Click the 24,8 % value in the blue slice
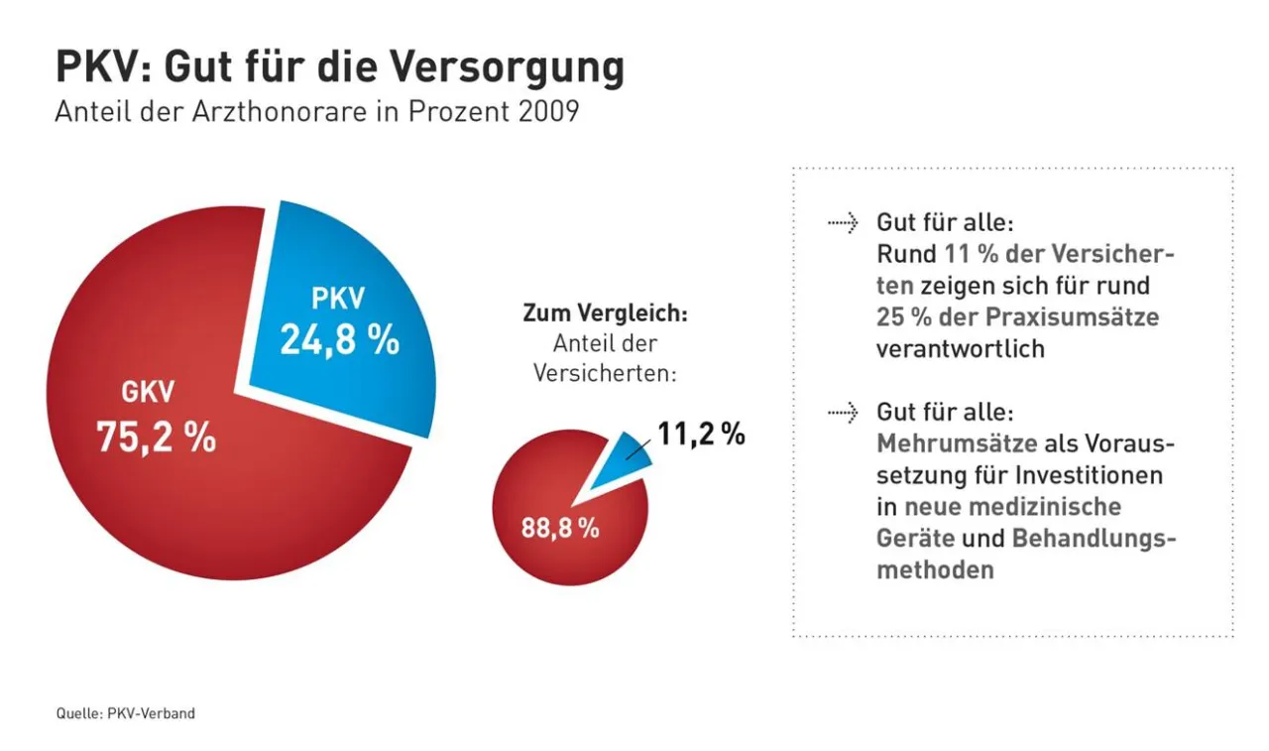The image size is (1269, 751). [x=339, y=339]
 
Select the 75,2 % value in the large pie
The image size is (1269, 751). [x=156, y=437]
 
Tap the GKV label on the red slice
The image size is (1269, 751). [x=148, y=393]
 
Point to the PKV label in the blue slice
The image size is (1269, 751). [x=338, y=299]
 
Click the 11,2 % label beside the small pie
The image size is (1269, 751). [x=701, y=435]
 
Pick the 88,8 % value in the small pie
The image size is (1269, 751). [x=560, y=528]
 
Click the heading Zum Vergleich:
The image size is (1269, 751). [x=605, y=313]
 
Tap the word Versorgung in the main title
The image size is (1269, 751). [x=507, y=67]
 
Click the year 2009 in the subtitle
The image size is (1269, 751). [x=546, y=111]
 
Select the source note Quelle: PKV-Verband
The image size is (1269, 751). [x=126, y=712]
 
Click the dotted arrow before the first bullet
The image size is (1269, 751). [x=843, y=221]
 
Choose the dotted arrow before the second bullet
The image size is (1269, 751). [x=843, y=412]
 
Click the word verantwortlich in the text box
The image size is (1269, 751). [x=960, y=349]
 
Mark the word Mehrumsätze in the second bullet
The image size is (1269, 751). [x=957, y=443]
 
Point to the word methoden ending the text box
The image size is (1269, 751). [x=935, y=570]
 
